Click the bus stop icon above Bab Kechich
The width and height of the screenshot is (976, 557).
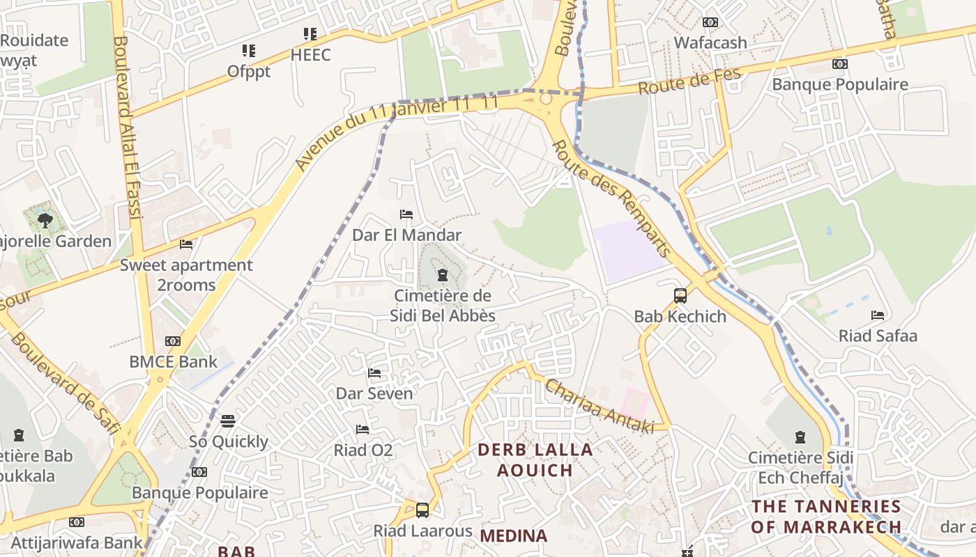point(680,296)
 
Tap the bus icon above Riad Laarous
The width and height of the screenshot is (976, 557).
point(422,510)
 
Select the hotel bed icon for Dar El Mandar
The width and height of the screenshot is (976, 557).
point(406,214)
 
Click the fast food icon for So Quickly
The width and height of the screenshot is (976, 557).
point(228,421)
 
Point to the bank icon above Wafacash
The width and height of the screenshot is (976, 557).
point(710,22)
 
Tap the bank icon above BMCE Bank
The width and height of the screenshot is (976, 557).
point(173,341)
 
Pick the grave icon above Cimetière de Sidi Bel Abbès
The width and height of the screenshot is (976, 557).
point(442,275)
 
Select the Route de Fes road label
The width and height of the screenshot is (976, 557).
point(689,83)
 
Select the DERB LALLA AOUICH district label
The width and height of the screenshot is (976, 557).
point(535,460)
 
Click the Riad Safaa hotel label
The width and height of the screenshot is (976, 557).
point(877,336)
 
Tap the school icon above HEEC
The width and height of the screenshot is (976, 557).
point(310,33)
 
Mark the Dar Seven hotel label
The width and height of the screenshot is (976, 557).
point(374,393)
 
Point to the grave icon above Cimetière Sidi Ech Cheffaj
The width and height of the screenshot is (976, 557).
point(800,437)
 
